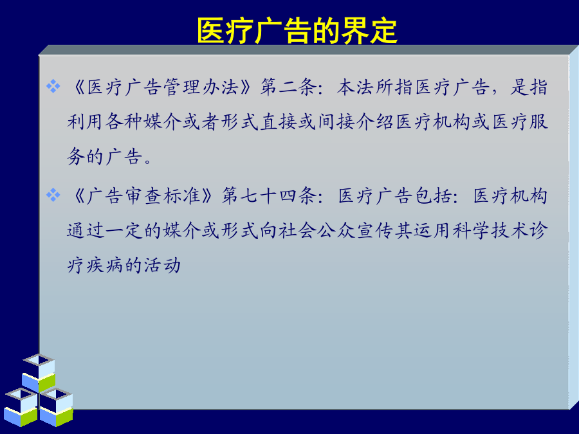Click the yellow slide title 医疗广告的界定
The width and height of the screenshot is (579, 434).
pos(297,31)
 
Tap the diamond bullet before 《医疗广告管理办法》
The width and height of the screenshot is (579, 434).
pos(53,87)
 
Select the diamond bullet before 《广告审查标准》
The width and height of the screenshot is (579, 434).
pos(53,195)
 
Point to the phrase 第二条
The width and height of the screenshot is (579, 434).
pos(288,87)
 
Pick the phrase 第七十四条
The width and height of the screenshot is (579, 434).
pos(269,195)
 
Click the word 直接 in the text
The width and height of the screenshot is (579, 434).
pos(279,122)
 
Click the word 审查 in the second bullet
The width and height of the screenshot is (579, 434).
pos(144,195)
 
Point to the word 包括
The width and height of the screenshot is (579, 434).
pos(433,195)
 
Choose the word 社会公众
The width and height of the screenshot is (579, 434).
pos(317,231)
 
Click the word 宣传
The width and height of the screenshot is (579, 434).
pos(375,231)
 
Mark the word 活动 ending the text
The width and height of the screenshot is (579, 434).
pos(163,266)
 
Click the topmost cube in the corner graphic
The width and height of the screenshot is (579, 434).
pos(39,373)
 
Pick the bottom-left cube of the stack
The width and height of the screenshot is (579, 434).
pos(21,407)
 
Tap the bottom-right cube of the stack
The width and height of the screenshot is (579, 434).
pos(57,407)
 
